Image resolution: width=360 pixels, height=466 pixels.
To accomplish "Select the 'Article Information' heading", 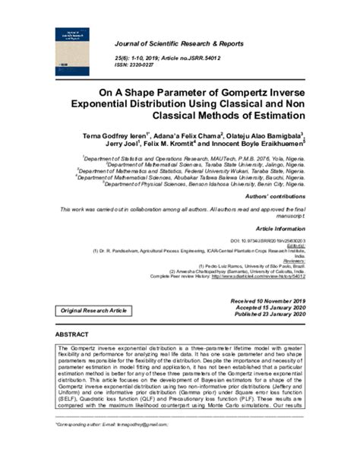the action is (280, 228).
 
